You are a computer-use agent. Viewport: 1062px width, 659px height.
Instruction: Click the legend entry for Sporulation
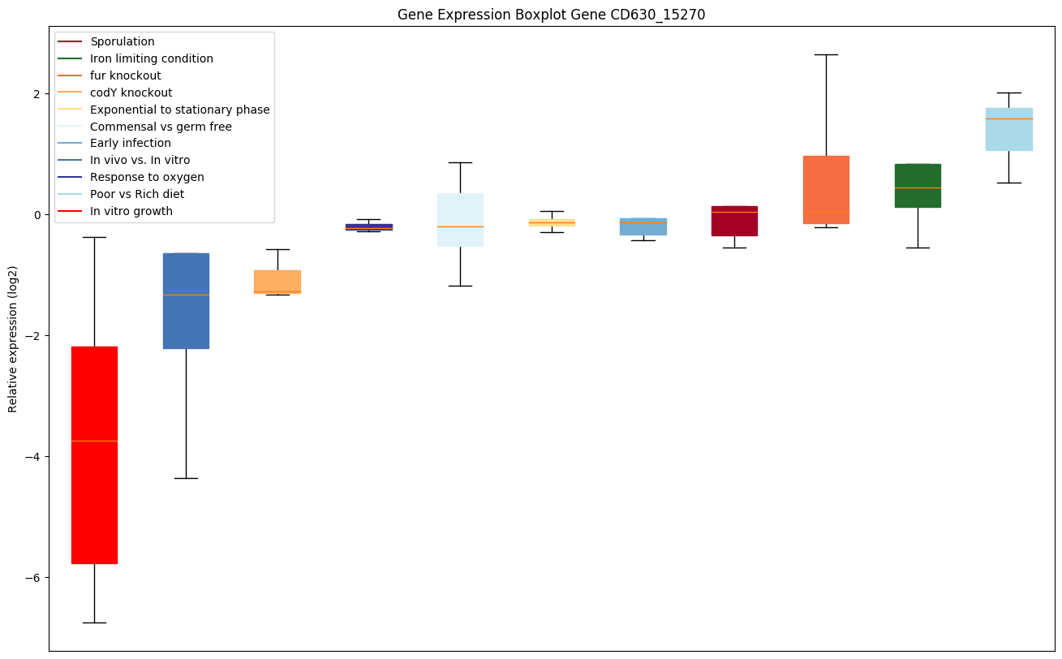(123, 41)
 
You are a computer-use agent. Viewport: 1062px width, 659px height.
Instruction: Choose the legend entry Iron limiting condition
(152, 58)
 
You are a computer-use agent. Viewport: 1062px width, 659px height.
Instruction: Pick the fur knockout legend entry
(126, 75)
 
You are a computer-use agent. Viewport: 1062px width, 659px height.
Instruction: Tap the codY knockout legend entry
(131, 93)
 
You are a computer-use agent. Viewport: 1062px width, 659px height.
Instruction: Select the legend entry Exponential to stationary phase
(180, 110)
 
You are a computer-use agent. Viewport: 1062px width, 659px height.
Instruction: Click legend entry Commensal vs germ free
(161, 127)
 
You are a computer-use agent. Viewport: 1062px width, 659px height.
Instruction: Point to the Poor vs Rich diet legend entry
(137, 194)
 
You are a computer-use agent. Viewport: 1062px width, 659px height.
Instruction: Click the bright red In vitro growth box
(94, 454)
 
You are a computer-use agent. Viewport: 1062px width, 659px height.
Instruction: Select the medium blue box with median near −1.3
(186, 300)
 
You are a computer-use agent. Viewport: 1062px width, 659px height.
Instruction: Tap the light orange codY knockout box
(277, 281)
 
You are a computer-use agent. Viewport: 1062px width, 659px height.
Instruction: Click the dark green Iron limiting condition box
(918, 185)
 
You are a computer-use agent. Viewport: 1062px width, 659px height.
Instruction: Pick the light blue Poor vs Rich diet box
(1009, 129)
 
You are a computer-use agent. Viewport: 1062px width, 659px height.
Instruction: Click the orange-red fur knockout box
(826, 189)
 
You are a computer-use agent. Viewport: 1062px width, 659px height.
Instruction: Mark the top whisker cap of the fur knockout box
(826, 54)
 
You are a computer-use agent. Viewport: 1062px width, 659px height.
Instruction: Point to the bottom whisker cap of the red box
(94, 622)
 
